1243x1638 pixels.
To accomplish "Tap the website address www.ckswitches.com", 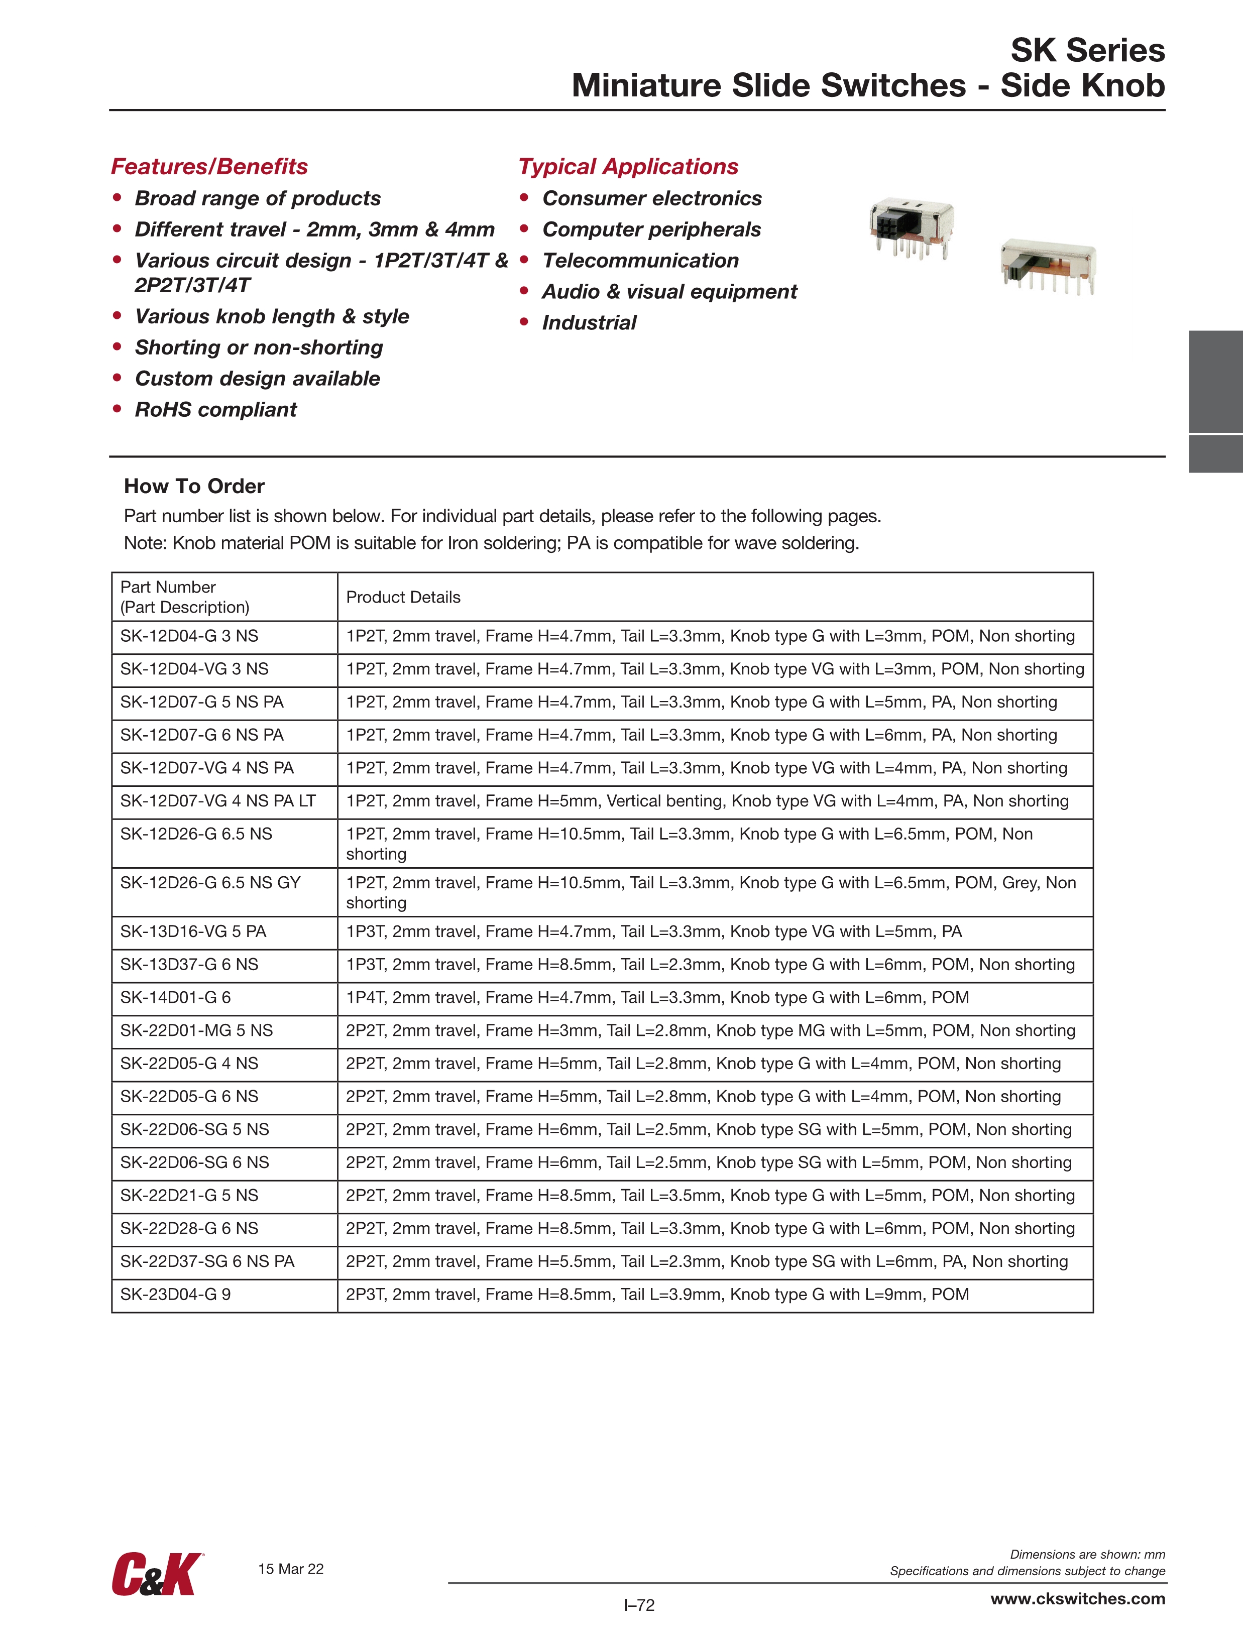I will tap(1077, 1599).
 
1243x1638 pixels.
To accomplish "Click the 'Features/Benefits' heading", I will tap(209, 167).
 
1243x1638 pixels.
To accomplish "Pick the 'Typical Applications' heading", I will tap(628, 167).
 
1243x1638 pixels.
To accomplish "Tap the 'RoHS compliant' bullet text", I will tap(215, 410).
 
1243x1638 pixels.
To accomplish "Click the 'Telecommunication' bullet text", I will tap(641, 261).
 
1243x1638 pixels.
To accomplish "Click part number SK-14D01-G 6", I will tap(176, 997).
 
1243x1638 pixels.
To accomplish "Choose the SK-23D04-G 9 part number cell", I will tap(176, 1295).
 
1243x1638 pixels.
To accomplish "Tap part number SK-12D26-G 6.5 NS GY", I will tap(210, 883).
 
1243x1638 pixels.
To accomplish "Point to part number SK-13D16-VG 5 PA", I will tap(193, 931).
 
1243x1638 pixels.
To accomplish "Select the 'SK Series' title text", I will tap(1087, 50).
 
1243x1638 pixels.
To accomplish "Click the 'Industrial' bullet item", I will tap(589, 323).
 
